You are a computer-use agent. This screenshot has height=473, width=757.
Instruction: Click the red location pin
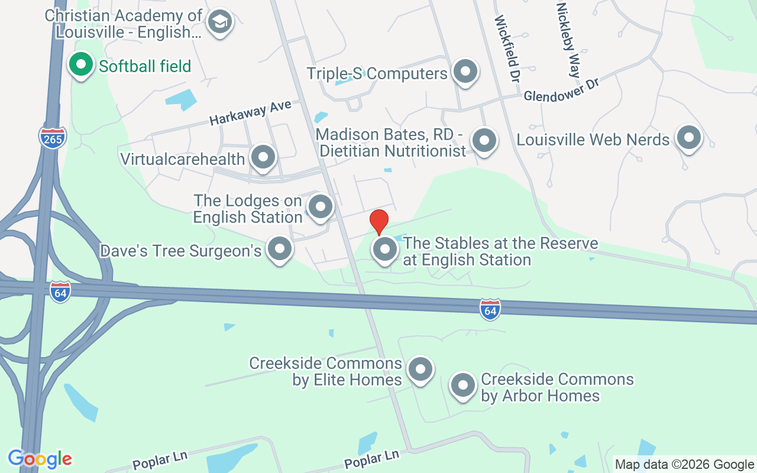click(x=378, y=221)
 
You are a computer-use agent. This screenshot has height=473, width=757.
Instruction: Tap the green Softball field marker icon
click(x=81, y=65)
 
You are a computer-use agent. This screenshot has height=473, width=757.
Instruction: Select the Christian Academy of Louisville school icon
click(x=220, y=22)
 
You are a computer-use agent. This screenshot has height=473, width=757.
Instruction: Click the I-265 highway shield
click(x=53, y=137)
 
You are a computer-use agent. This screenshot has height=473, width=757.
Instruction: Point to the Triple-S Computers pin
click(x=465, y=72)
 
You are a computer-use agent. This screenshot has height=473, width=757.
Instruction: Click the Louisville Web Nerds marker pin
click(x=688, y=138)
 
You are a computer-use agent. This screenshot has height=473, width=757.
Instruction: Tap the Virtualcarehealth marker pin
click(x=263, y=158)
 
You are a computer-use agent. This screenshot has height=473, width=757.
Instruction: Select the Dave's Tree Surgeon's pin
click(x=280, y=250)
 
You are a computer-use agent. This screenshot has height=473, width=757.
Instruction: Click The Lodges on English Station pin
click(x=321, y=208)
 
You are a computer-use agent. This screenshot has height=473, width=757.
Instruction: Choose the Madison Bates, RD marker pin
click(x=484, y=141)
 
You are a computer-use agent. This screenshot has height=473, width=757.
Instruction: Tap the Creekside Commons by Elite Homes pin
click(x=420, y=370)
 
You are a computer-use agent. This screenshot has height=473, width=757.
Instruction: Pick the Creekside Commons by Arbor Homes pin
click(x=463, y=386)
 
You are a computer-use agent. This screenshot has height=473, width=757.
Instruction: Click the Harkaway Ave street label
click(x=250, y=112)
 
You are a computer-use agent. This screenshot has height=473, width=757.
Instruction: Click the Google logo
click(x=40, y=459)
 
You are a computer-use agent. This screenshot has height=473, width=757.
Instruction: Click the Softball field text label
click(x=145, y=66)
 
